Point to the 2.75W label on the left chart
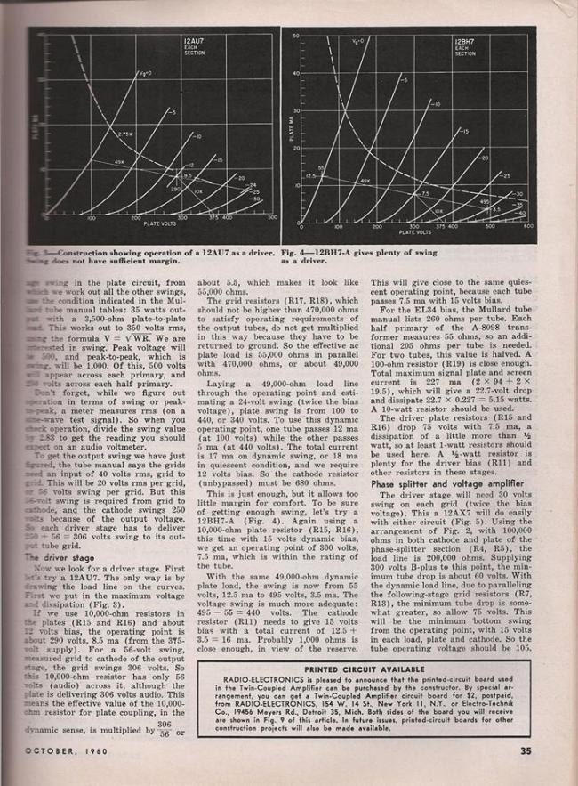(124, 134)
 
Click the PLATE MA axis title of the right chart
(288, 129)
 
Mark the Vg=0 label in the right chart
(357, 42)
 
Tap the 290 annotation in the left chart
(175, 189)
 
